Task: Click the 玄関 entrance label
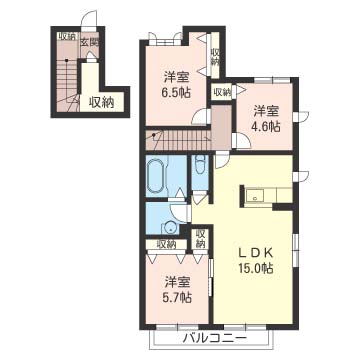coord(89,44)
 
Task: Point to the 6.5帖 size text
coord(176,92)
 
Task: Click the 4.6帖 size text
coord(266,126)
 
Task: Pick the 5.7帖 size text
coord(178,297)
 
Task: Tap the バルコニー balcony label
coord(215,339)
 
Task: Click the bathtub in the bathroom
coord(155,176)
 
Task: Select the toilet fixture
coord(200,164)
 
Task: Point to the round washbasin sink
coord(170,228)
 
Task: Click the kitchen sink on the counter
coord(255,195)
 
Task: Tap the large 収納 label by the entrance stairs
coord(101,103)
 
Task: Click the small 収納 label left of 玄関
coord(68,37)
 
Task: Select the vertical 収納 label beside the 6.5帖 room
coord(215,57)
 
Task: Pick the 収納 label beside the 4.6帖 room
coord(222,92)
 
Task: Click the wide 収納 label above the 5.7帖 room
coord(166,244)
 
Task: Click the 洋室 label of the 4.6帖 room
coord(266,111)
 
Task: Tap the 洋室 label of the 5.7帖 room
coord(178,283)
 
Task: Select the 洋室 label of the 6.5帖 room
coord(176,78)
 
